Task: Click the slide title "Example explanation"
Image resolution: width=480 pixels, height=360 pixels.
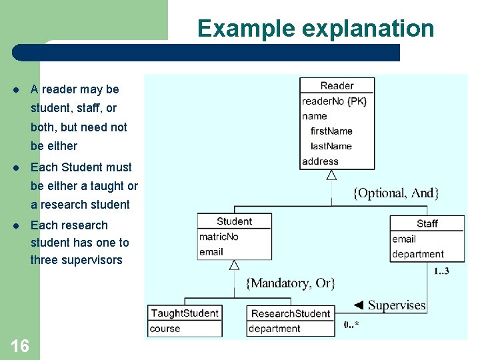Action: click(315, 29)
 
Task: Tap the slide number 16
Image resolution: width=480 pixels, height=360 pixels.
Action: click(20, 345)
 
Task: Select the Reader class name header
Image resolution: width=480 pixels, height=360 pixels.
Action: click(337, 85)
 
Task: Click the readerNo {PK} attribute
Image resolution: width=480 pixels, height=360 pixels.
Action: click(334, 101)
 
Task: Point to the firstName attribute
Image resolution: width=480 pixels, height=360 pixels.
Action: click(331, 131)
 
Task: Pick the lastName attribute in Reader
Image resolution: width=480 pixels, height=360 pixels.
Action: click(331, 146)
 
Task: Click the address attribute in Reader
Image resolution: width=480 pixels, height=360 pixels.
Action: click(320, 161)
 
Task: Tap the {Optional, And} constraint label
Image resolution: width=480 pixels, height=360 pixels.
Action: click(395, 193)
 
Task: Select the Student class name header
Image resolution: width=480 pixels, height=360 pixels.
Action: click(234, 221)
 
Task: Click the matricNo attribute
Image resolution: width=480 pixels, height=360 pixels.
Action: click(219, 237)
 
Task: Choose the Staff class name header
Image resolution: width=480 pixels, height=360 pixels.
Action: click(427, 223)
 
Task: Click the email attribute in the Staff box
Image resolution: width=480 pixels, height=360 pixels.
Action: click(404, 239)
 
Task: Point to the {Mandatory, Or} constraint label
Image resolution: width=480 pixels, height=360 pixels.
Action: click(291, 283)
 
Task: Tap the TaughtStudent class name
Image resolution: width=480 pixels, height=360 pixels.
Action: click(185, 313)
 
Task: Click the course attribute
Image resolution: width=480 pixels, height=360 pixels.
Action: click(165, 328)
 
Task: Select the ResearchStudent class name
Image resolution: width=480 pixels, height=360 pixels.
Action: click(290, 313)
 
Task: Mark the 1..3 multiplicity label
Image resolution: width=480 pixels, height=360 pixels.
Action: click(441, 271)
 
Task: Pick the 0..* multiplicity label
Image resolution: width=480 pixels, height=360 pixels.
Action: click(352, 325)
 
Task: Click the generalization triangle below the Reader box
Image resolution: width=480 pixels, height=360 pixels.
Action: click(331, 175)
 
